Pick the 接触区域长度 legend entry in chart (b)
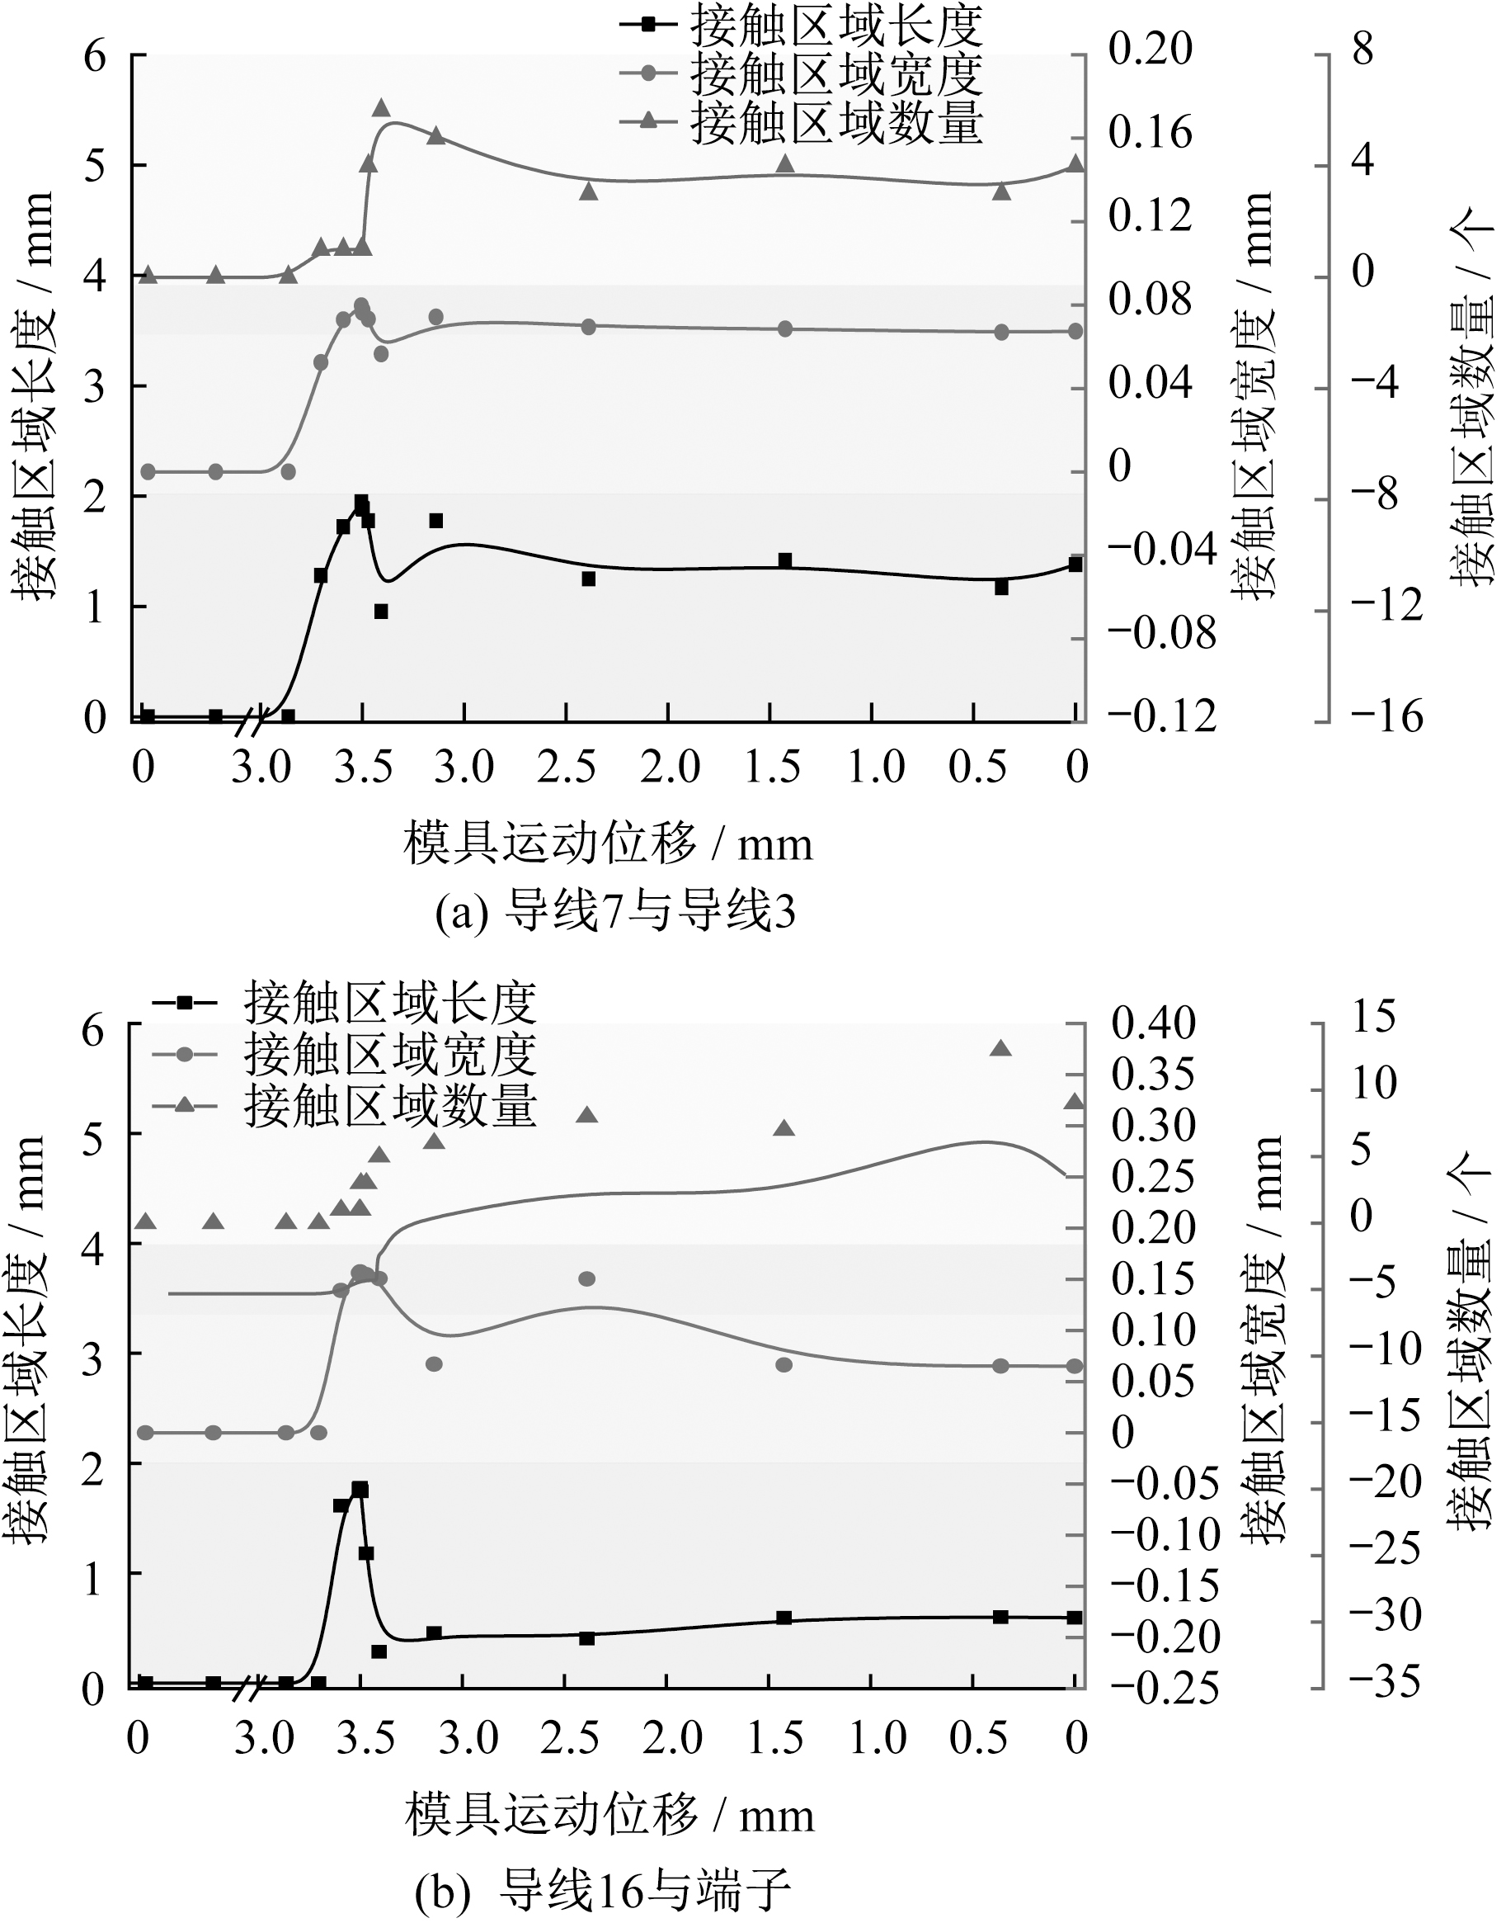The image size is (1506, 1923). pyautogui.click(x=344, y=1002)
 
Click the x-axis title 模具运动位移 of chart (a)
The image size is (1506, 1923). pyautogui.click(x=608, y=844)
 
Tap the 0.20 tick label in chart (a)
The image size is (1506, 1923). pyautogui.click(x=1150, y=50)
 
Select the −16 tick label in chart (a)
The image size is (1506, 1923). pyautogui.click(x=1386, y=716)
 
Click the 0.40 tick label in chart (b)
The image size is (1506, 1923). pyautogui.click(x=1152, y=1023)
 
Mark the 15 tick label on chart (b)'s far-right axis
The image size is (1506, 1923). pyautogui.click(x=1374, y=1016)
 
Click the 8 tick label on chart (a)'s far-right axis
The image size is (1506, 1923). pyautogui.click(x=1363, y=50)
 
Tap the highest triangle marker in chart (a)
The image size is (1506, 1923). pyautogui.click(x=381, y=107)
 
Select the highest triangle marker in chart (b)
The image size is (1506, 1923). pyautogui.click(x=1000, y=1048)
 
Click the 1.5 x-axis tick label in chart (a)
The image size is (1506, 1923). pyautogui.click(x=774, y=767)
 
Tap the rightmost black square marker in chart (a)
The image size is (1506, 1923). pyautogui.click(x=1075, y=565)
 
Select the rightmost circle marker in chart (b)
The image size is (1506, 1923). pyautogui.click(x=1074, y=1367)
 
